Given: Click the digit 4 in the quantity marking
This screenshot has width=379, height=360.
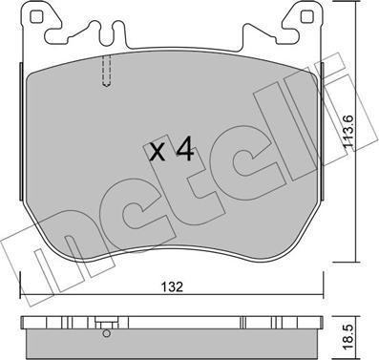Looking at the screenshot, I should (185, 151).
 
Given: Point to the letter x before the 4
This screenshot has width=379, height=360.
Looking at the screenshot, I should (158, 153).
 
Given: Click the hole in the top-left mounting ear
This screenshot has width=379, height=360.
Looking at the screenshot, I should (35, 17).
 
